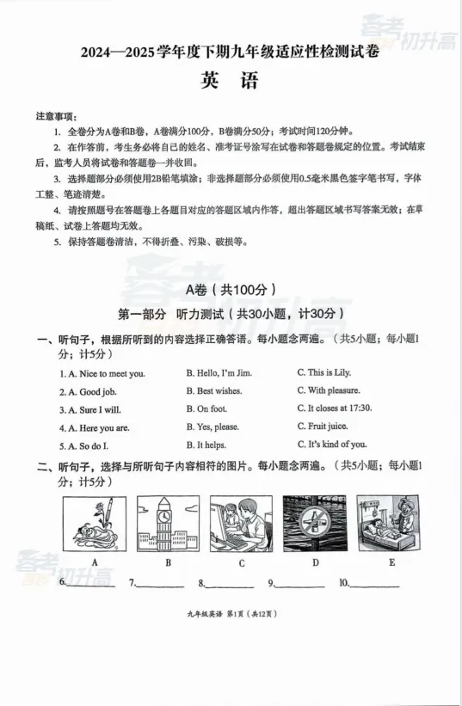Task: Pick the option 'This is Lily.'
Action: pyautogui.click(x=324, y=373)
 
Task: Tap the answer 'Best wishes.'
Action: pyautogui.click(x=214, y=391)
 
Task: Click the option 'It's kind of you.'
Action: pyautogui.click(x=332, y=445)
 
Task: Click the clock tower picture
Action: pyautogui.click(x=168, y=523)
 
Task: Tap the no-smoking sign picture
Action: pyautogui.click(x=315, y=523)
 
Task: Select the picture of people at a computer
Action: pyautogui.click(x=241, y=523)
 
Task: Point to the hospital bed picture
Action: pyautogui.click(x=390, y=523)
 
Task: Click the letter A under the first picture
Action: pyautogui.click(x=94, y=562)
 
